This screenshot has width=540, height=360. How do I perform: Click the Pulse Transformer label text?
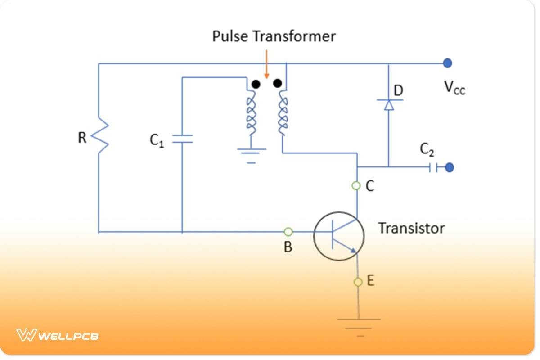(x=274, y=36)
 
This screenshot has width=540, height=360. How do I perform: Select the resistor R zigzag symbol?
(x=99, y=136)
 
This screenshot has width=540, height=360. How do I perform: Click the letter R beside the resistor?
(x=82, y=138)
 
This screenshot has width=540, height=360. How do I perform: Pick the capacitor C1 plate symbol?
(x=182, y=139)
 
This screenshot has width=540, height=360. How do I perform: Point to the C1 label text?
(x=156, y=140)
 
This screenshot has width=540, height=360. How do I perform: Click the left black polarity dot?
(x=256, y=84)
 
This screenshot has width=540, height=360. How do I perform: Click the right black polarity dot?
(x=277, y=83)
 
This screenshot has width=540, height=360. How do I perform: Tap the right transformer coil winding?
(x=283, y=112)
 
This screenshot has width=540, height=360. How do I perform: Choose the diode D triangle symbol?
(x=388, y=104)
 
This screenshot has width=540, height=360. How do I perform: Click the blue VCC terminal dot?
(x=447, y=63)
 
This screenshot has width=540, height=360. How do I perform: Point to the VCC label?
(x=454, y=87)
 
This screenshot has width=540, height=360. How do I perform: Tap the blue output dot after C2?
(x=449, y=168)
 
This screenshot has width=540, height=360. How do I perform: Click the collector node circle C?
(x=356, y=185)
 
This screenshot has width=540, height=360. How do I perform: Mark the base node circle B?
(x=288, y=232)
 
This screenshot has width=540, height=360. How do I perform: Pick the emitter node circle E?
(x=358, y=282)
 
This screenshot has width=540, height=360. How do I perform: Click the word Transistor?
(x=411, y=228)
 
